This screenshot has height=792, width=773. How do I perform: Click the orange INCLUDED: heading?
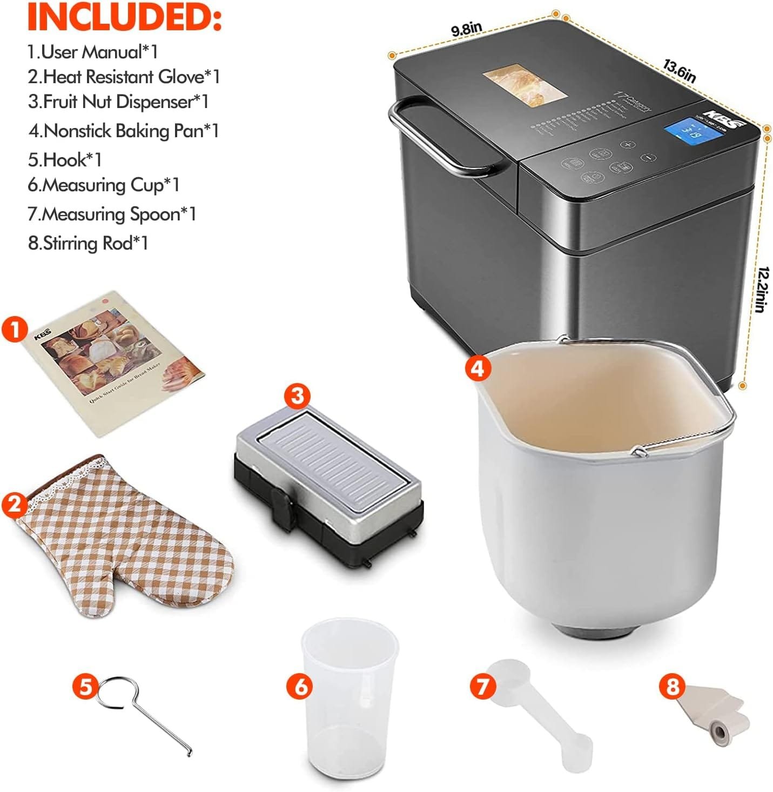124,18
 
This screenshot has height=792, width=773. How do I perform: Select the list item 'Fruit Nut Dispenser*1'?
118,102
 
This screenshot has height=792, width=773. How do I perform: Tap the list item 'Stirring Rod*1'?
88,243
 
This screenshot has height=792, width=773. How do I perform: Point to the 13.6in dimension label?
680,70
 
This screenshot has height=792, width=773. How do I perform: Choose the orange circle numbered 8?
672,687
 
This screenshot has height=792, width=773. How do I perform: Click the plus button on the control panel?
627,145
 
